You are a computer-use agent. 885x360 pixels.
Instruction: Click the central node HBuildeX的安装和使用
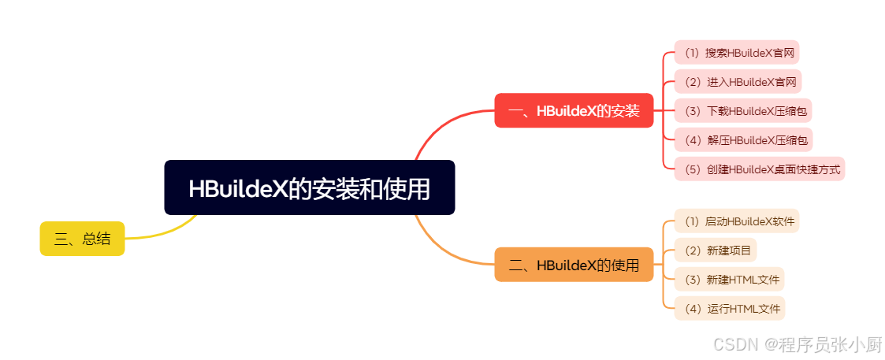click(309, 187)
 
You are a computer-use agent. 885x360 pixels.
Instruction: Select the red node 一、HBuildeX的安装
click(574, 110)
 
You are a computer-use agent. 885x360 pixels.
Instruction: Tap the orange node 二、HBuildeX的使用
click(574, 265)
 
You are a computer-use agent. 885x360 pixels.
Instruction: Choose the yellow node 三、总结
click(82, 239)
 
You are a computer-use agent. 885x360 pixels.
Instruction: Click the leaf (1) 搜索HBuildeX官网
click(737, 53)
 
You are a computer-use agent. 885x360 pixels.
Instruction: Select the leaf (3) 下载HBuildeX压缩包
click(743, 110)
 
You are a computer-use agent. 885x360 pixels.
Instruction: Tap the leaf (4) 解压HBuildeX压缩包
click(743, 140)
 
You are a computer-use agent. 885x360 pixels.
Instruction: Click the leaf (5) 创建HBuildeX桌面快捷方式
click(760, 169)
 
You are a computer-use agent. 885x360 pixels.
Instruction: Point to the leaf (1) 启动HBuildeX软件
click(740, 221)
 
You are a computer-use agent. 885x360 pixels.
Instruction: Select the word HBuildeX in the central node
click(236, 188)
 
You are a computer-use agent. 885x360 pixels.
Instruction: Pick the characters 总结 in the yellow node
click(96, 239)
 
